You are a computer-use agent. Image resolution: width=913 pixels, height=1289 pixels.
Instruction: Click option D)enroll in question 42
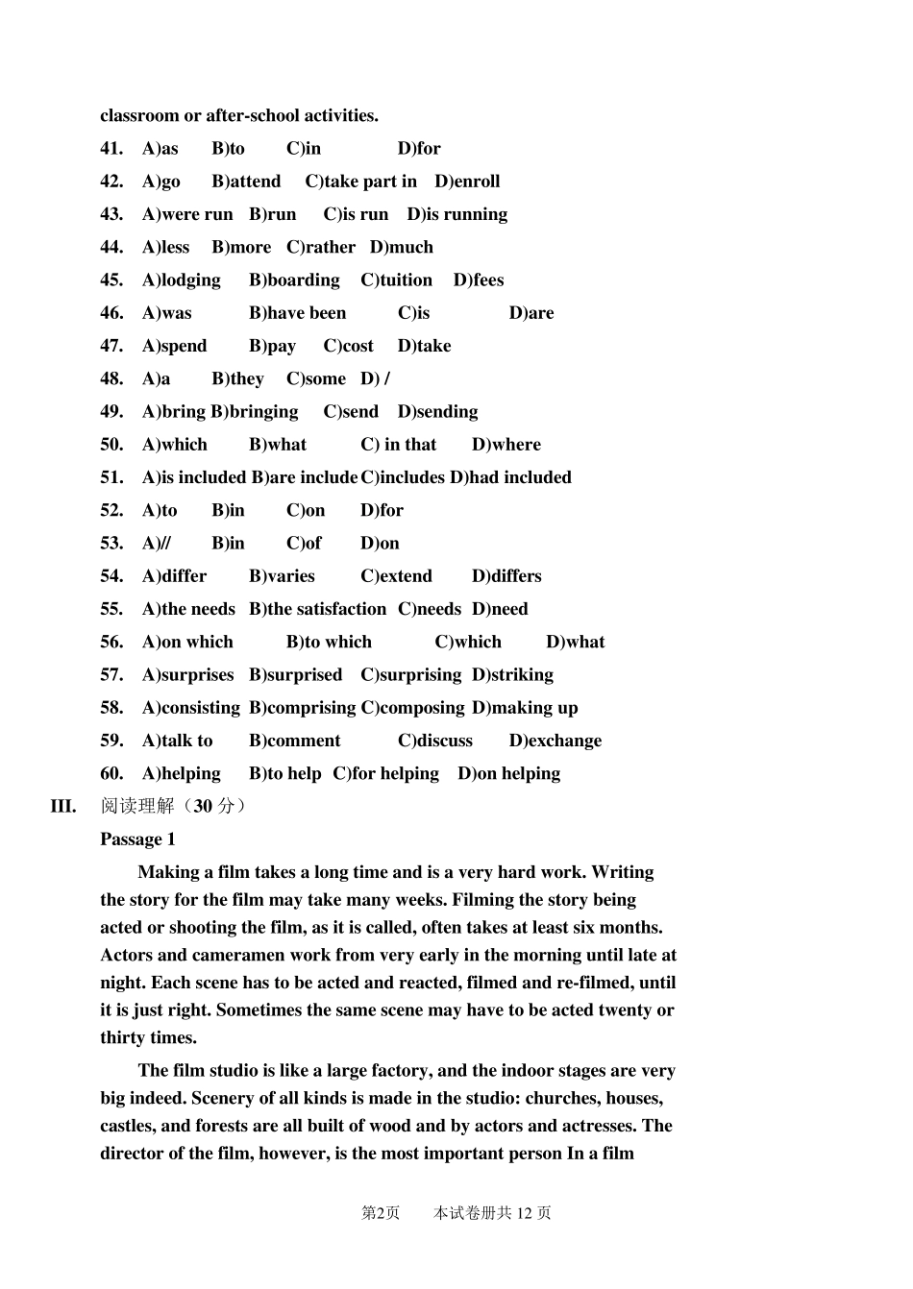coord(467,182)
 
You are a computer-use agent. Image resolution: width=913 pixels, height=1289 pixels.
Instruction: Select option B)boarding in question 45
coord(294,280)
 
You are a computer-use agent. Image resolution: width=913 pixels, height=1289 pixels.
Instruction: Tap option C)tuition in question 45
coord(396,280)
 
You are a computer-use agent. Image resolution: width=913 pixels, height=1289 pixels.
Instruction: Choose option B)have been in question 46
coord(297,313)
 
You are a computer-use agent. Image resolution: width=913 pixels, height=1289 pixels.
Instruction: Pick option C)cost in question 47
coord(348,346)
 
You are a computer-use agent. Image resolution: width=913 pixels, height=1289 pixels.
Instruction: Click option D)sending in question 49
coord(437,412)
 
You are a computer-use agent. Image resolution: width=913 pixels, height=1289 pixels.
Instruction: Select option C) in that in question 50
coord(398,445)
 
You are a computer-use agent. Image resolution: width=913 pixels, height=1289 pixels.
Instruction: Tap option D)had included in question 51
coord(510,477)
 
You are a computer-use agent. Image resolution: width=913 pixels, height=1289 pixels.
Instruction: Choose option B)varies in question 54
coord(282,576)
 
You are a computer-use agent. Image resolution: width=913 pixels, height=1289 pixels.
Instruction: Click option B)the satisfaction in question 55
coord(317,609)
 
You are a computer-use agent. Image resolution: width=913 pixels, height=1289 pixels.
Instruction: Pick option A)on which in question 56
coord(187,642)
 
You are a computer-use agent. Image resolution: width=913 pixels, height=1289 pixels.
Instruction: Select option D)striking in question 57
coord(512,675)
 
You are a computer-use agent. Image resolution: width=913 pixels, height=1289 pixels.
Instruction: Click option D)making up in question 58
coord(525,708)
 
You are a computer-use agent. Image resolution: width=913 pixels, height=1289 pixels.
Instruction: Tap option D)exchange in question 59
coord(555,741)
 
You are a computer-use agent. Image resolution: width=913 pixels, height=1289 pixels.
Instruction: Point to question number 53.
coord(111,544)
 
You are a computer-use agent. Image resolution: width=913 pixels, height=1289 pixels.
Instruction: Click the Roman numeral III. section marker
coord(63,806)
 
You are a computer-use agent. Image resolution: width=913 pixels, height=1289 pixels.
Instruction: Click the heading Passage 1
coord(137,839)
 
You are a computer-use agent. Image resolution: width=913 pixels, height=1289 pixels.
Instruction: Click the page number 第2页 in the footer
coord(380,1213)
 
